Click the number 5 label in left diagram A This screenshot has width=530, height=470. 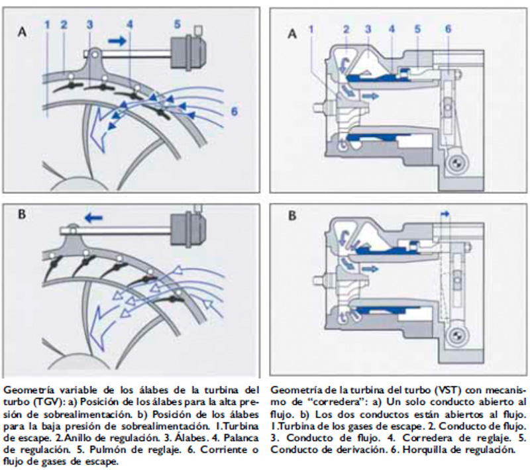[x=178, y=24]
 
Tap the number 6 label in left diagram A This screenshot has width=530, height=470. [x=234, y=113]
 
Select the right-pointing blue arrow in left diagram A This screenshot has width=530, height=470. [x=116, y=41]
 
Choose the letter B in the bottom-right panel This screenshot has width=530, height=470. [x=291, y=215]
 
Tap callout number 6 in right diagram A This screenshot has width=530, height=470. [x=448, y=29]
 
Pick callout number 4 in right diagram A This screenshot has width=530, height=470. [x=392, y=29]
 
